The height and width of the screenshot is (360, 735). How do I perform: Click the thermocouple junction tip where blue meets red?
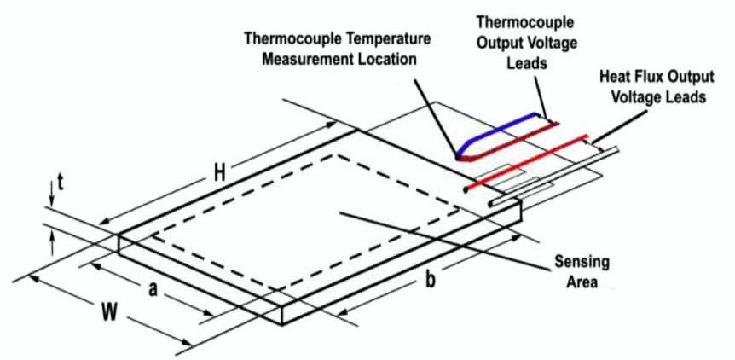(x=461, y=156)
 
